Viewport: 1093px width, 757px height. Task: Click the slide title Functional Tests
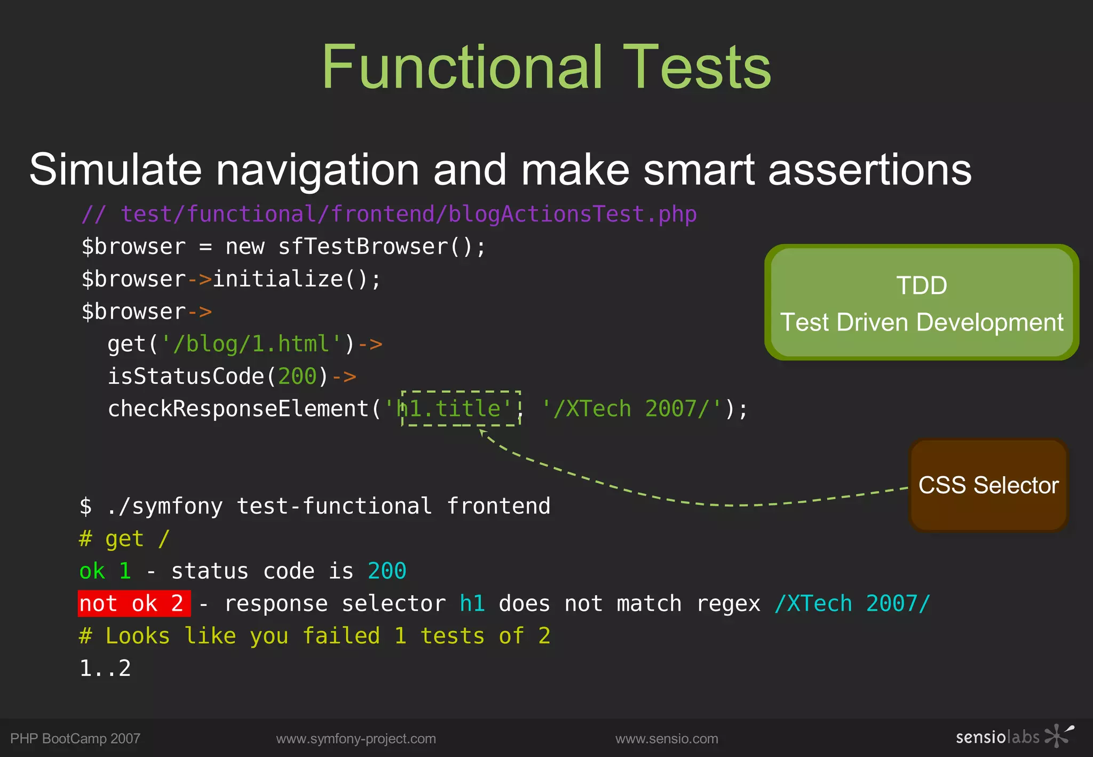click(x=546, y=67)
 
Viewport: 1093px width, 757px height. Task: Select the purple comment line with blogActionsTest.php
click(x=389, y=215)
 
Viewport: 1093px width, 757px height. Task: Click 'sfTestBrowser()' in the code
click(x=382, y=247)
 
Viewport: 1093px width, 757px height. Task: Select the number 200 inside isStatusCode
click(x=297, y=377)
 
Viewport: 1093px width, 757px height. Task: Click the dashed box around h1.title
click(x=461, y=409)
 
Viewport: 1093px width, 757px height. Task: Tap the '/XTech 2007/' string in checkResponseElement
click(x=631, y=409)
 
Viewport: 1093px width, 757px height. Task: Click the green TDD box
click(x=922, y=303)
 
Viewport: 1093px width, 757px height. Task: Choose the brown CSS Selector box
click(x=988, y=485)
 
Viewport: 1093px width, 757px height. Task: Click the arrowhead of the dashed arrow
click(x=482, y=432)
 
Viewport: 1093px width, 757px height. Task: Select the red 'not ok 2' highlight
click(x=133, y=604)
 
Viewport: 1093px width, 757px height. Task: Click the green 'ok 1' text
click(x=105, y=571)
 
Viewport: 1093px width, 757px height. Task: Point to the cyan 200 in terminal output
click(x=387, y=571)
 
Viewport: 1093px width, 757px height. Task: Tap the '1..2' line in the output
click(x=105, y=668)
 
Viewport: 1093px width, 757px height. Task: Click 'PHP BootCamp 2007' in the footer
click(x=75, y=739)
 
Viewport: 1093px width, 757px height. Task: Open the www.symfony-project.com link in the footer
click(x=356, y=739)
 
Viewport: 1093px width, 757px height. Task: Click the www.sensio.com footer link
click(x=667, y=739)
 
